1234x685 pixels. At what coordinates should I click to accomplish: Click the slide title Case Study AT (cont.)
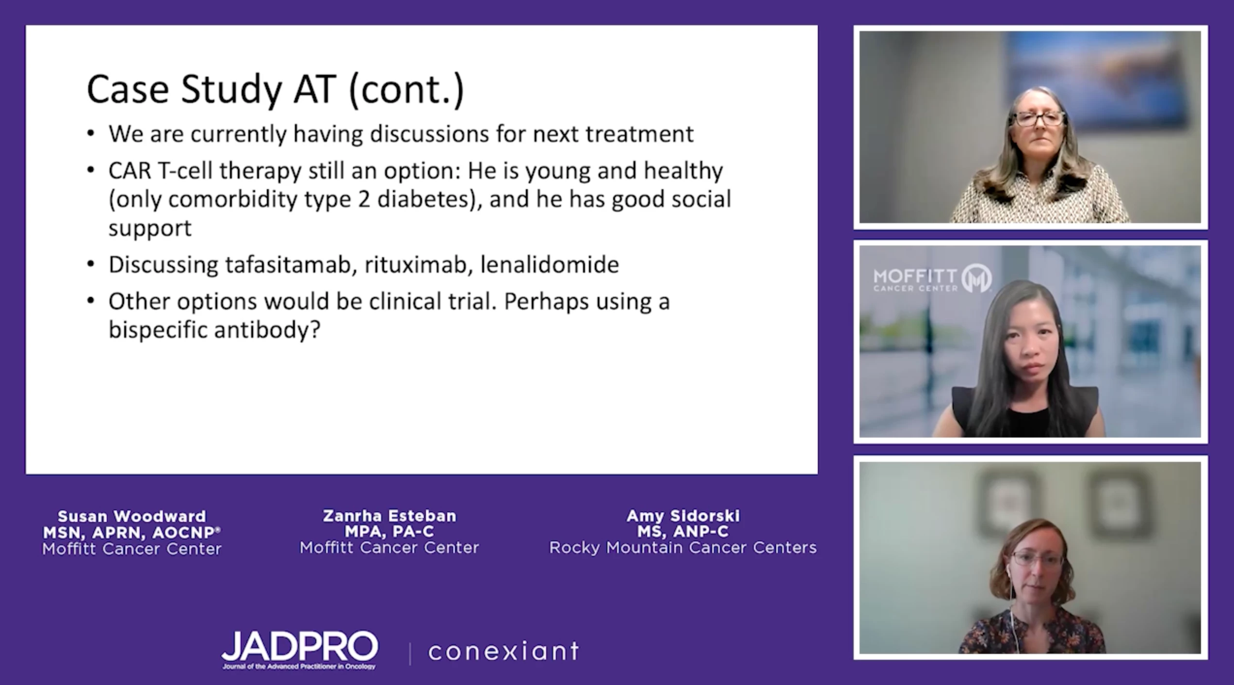pos(275,89)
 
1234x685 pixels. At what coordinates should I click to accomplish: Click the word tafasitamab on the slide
pos(288,264)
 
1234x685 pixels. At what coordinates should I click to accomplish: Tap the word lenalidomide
pos(550,264)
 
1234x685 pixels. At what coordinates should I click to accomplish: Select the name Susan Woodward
pos(132,516)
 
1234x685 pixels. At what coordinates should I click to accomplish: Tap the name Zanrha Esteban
pos(390,516)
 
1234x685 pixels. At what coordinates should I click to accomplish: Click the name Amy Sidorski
pos(683,516)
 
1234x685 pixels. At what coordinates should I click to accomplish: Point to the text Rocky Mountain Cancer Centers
pos(683,548)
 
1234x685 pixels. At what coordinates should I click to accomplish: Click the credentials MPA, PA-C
pos(390,532)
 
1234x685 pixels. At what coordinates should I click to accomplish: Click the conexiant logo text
pos(503,651)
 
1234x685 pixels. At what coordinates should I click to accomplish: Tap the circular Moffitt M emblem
pos(976,278)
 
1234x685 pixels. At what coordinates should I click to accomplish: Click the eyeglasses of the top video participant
pos(1039,119)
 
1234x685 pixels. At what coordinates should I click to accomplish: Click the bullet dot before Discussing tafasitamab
pos(91,265)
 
